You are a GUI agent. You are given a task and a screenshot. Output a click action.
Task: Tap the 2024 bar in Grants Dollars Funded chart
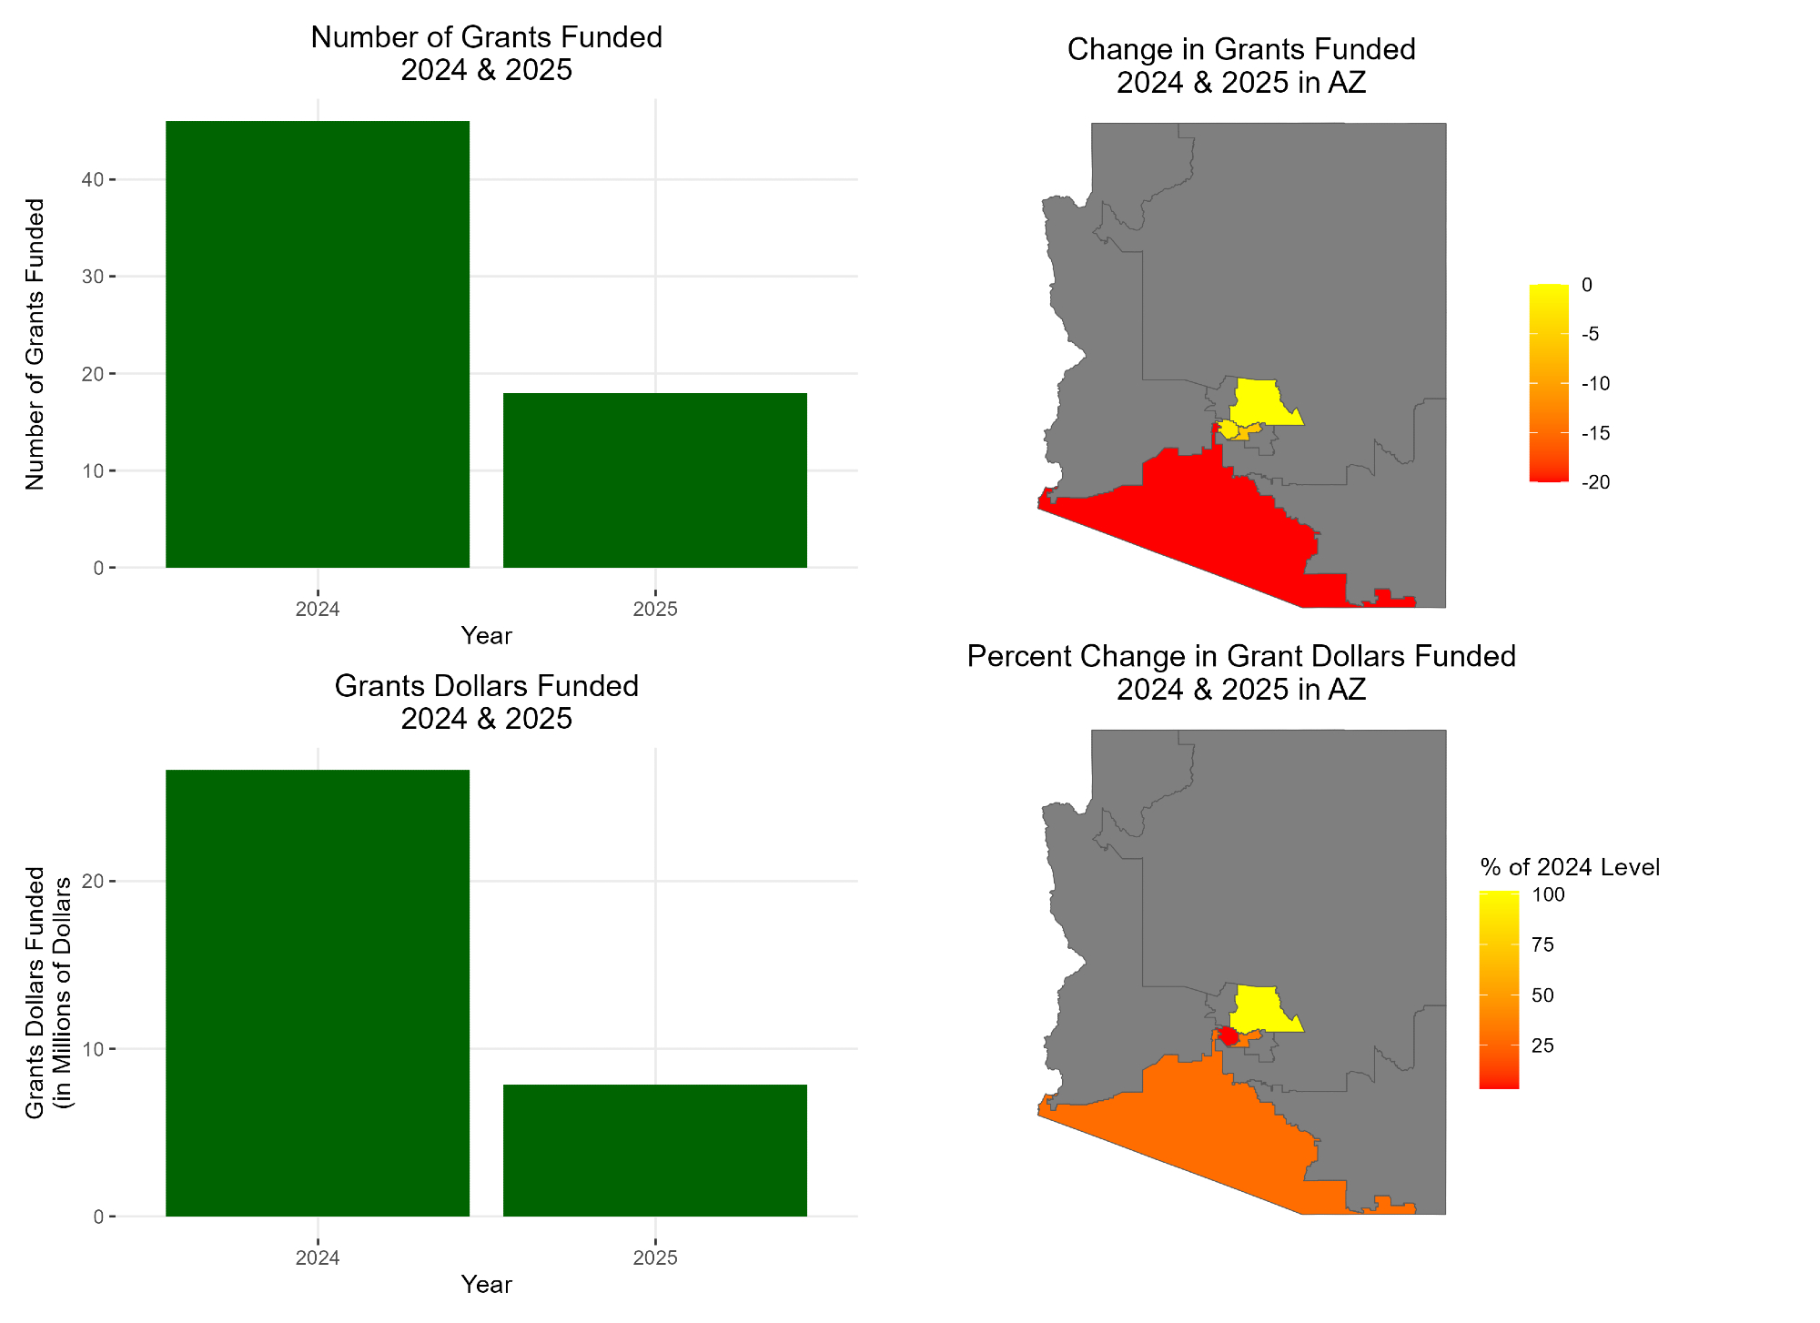tap(317, 992)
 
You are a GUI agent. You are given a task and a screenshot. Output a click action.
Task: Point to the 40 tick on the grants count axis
tap(92, 180)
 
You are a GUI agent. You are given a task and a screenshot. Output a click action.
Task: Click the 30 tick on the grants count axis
tap(92, 277)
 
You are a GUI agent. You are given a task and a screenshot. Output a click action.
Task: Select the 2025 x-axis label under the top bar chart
tap(654, 610)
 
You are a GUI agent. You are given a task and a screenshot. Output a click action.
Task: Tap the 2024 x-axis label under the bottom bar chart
tap(317, 1258)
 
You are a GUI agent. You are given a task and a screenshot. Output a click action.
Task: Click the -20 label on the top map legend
tap(1595, 482)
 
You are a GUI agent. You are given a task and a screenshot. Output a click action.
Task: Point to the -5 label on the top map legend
tap(1591, 334)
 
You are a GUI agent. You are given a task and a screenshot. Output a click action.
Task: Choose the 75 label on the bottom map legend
tap(1542, 944)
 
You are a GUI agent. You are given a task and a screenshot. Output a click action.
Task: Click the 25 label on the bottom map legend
tap(1542, 1045)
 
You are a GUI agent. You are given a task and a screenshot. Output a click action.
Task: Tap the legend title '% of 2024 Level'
tap(1570, 867)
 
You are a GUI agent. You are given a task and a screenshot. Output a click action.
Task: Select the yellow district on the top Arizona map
tap(1260, 401)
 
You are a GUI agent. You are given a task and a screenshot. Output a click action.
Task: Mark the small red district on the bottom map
tap(1228, 1035)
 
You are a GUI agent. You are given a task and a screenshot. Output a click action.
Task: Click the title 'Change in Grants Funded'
tap(1240, 49)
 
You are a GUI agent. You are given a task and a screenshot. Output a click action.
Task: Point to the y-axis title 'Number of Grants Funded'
tap(35, 344)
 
